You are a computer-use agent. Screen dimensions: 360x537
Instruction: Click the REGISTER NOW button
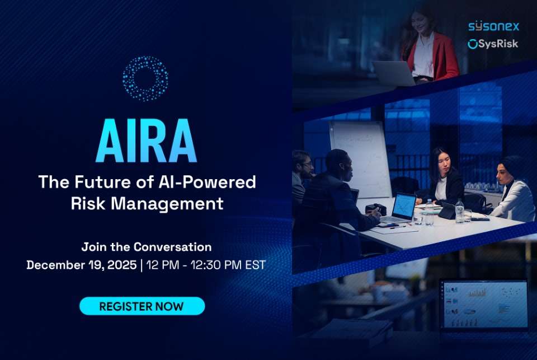[x=142, y=306]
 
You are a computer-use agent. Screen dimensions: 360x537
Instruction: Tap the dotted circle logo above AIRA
[x=145, y=78]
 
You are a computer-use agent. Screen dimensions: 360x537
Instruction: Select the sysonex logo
[x=493, y=26]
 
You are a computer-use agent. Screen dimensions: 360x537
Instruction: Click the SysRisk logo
[x=493, y=44]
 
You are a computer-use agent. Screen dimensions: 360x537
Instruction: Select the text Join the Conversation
[x=147, y=247]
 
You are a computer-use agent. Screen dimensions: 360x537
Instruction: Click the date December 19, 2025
[x=82, y=265]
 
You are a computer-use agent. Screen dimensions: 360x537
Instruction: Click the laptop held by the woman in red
[x=394, y=73]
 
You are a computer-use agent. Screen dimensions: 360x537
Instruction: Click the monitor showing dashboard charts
[x=484, y=305]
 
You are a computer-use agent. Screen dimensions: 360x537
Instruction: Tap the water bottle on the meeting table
[x=459, y=211]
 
